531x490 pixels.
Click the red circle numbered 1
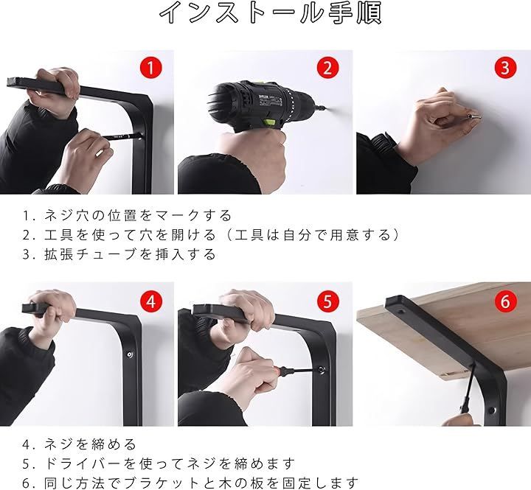pos(151,67)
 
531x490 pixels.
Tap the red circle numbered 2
pos(327,67)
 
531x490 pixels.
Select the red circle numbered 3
pos(505,67)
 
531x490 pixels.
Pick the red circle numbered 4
pos(151,301)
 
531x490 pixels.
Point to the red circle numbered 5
pos(327,301)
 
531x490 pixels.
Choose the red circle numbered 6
pos(505,301)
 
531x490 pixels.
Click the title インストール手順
pos(270,13)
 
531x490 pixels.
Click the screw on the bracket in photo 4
pos(130,354)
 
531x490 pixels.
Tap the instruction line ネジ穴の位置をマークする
pos(138,216)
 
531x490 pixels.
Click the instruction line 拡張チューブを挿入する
pos(130,254)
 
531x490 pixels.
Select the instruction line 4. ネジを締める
pos(80,444)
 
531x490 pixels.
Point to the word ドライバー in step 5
pos(83,463)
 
